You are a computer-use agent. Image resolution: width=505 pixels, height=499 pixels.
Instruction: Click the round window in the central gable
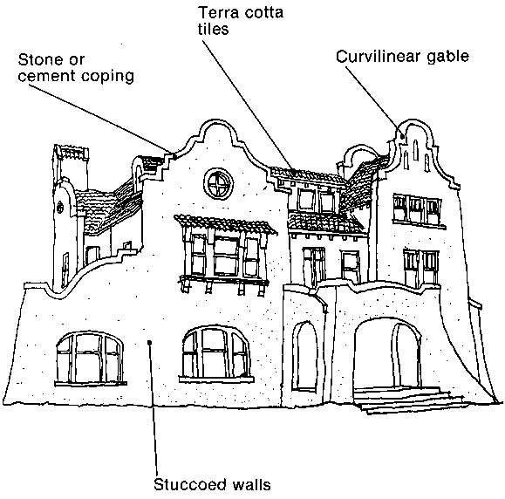218,184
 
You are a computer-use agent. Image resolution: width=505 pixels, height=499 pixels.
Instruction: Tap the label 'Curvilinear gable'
402,57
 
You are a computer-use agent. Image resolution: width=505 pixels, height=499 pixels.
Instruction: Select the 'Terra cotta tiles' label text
241,21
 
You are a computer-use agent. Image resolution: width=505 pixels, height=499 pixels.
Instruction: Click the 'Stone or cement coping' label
76,68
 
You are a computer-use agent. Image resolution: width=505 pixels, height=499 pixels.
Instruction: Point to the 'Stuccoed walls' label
212,484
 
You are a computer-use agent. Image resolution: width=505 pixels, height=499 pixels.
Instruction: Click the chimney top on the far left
72,153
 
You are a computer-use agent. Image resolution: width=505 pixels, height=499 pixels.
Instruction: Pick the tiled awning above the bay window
225,224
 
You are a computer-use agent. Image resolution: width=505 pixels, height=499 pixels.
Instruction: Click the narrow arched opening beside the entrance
304,356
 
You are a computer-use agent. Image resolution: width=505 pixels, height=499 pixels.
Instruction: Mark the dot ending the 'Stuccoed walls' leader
149,343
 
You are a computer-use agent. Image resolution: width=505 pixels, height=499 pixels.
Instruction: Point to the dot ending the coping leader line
174,156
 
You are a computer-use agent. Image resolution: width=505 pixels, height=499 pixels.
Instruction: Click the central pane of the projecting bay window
227,256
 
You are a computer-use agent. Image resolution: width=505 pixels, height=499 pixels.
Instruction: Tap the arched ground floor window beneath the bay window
216,353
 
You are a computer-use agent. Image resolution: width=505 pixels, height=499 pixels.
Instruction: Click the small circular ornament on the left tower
60,207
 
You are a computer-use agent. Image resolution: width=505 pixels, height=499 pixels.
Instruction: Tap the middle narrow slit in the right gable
415,150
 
